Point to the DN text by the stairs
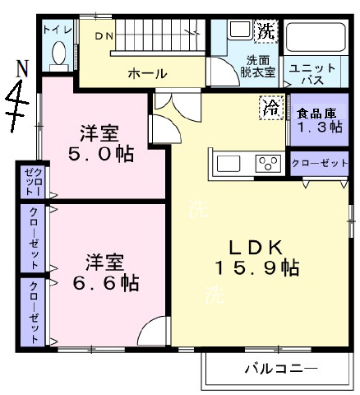(x=104, y=35)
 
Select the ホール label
(x=145, y=74)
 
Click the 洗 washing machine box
(x=265, y=32)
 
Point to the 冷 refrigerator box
(x=270, y=106)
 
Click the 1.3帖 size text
(x=314, y=128)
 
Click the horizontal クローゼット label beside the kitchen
(x=320, y=163)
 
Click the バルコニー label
(x=279, y=368)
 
